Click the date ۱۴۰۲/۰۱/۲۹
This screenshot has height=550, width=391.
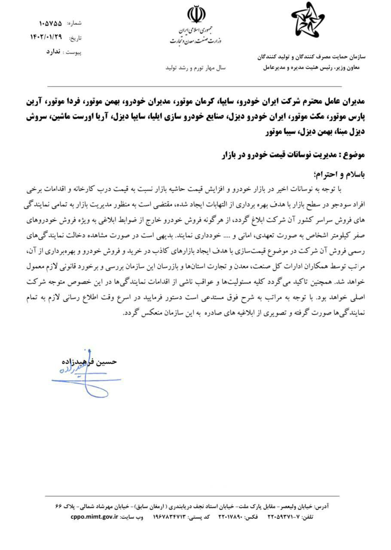(46, 37)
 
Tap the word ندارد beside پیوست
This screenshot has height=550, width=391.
(53, 51)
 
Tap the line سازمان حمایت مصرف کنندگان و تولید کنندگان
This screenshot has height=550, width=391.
(311, 56)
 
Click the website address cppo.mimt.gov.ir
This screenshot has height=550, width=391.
(94, 517)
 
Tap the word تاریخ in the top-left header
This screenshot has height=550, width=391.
(75, 38)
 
